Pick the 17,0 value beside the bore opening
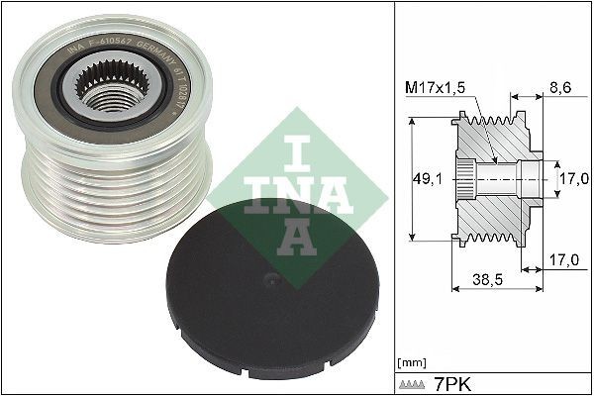coord(572,178)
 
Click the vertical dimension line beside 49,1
coord(409,178)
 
